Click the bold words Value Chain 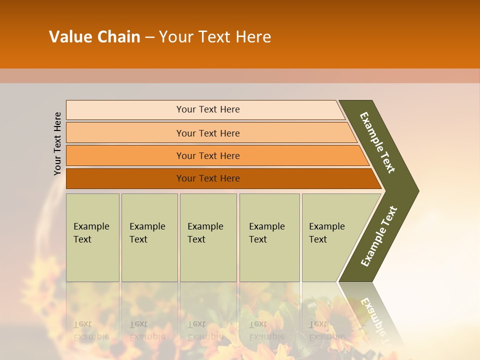pos(94,37)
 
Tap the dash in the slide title pos(149,37)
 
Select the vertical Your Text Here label pos(58,143)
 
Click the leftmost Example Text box pos(92,237)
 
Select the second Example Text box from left pos(149,237)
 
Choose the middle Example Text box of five pos(208,237)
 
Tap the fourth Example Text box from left pos(269,237)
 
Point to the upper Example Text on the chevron pos(377,142)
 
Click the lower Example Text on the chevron pos(379,236)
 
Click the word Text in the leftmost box pos(82,239)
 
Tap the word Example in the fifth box pos(326,226)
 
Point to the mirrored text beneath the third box pos(205,330)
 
